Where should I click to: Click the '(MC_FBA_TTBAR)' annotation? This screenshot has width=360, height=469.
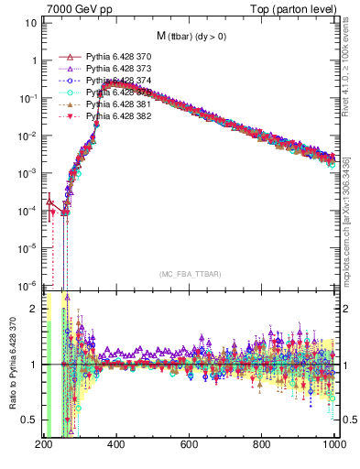click(189, 275)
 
